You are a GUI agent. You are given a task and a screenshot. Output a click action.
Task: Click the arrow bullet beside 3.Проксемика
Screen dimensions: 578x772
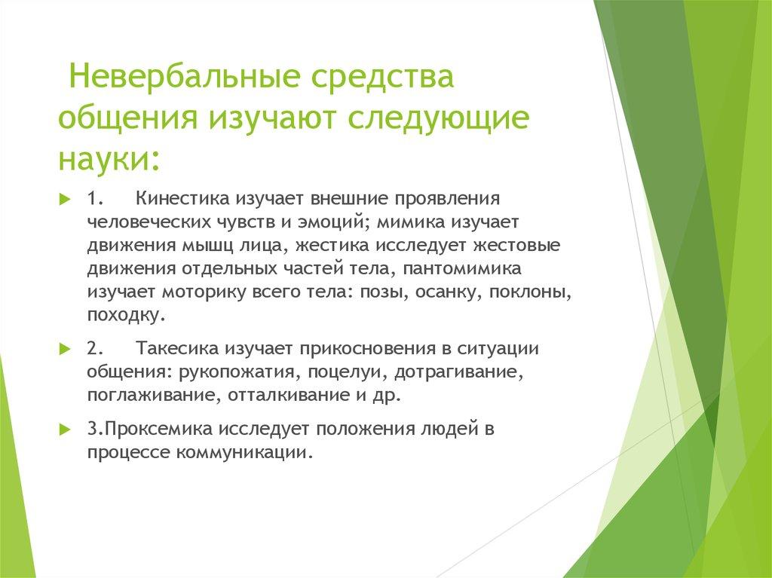(x=65, y=429)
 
